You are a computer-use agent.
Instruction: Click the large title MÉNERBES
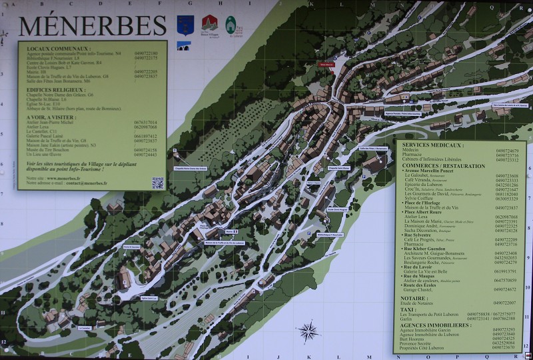coord(92,26)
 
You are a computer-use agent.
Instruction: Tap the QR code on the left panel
coord(157,183)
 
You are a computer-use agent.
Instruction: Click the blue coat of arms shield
coord(185,25)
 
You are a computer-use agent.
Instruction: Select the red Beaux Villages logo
coord(209,25)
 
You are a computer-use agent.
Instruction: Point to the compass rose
coord(308,331)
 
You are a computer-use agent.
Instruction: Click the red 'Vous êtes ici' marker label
coord(326,65)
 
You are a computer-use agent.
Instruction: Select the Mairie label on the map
coord(229,232)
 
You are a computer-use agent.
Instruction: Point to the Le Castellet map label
coord(85,328)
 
